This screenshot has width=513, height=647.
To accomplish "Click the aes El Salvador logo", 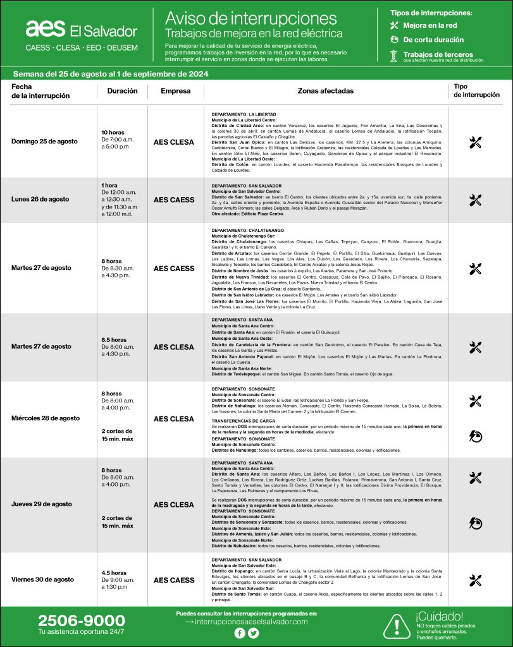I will coord(81,29).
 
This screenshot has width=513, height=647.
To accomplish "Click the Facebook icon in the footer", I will coord(239,632).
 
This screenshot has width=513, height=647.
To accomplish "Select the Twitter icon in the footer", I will coord(252,632).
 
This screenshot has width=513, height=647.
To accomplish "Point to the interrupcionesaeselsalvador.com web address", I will coord(250,622).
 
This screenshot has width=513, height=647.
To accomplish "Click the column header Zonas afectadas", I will coord(325,91).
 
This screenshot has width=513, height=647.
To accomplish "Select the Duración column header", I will coord(122,91).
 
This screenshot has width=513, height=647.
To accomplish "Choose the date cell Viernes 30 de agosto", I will coord(42,579).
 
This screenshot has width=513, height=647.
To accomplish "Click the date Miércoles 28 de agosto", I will coord(46,418).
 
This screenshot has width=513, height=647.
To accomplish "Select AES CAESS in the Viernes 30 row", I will coord(174,580).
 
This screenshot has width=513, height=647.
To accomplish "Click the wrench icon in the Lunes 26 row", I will coord(476,200).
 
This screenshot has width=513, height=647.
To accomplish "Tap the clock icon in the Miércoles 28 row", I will coord(476,435).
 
